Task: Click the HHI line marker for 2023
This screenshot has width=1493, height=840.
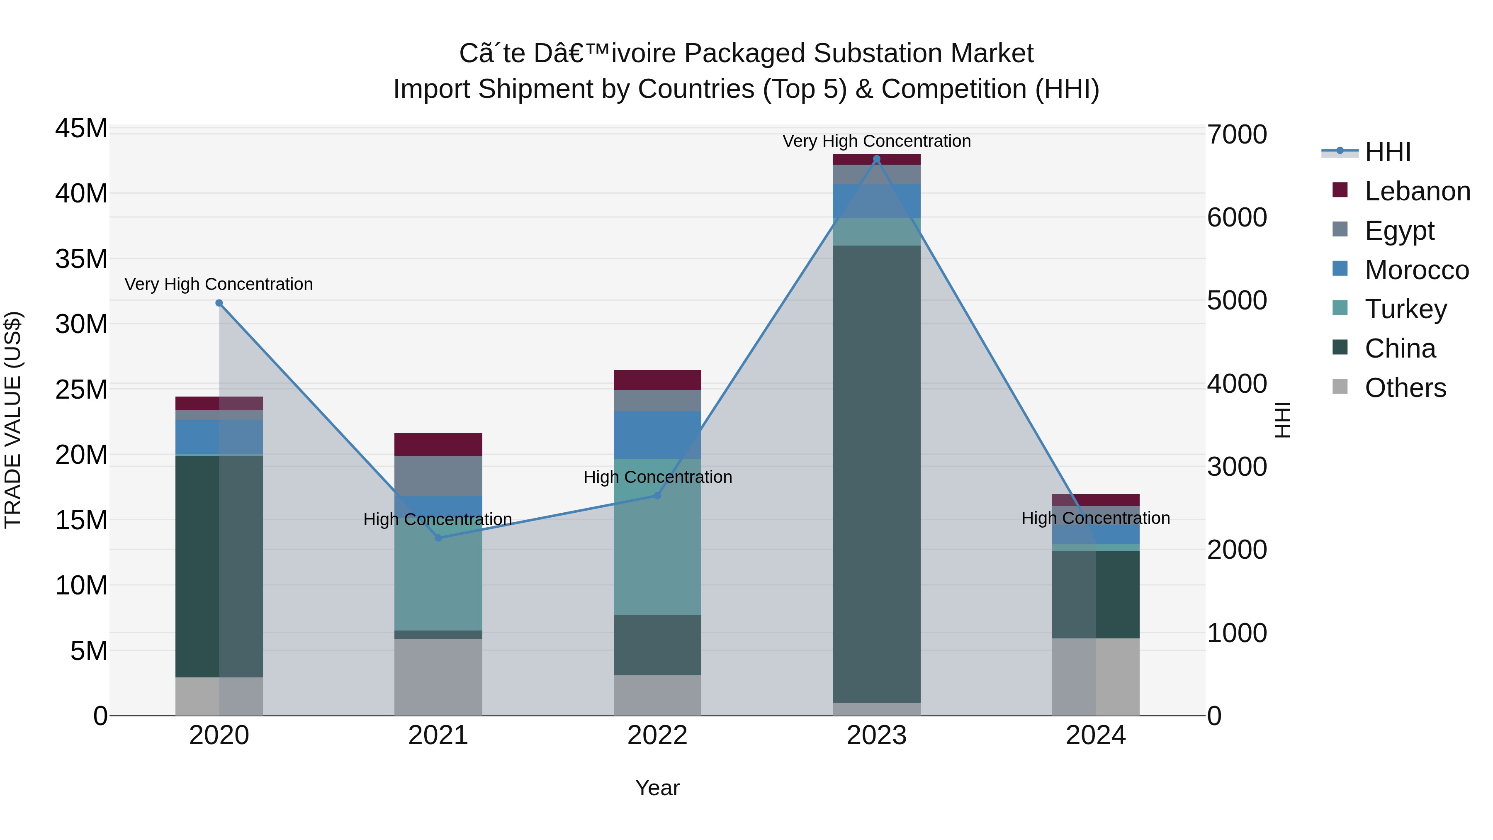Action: point(876,159)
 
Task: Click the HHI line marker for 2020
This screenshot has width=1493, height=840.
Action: point(219,303)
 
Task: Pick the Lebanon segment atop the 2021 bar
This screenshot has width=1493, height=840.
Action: point(438,444)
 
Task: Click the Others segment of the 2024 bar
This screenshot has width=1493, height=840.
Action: point(1095,677)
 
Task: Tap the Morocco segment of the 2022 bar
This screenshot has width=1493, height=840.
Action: point(657,435)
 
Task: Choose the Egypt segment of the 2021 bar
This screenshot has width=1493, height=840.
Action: point(438,475)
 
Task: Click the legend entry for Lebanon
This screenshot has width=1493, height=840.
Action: point(1417,191)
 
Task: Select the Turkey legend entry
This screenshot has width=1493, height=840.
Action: point(1405,309)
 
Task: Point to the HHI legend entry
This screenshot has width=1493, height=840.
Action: point(1386,152)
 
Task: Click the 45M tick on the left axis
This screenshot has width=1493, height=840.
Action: point(81,128)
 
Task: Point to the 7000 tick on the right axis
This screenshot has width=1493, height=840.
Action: point(1237,134)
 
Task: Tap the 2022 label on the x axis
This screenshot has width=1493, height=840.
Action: point(657,735)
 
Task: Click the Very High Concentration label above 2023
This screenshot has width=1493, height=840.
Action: point(876,141)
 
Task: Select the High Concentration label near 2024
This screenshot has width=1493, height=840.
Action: point(1095,518)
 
